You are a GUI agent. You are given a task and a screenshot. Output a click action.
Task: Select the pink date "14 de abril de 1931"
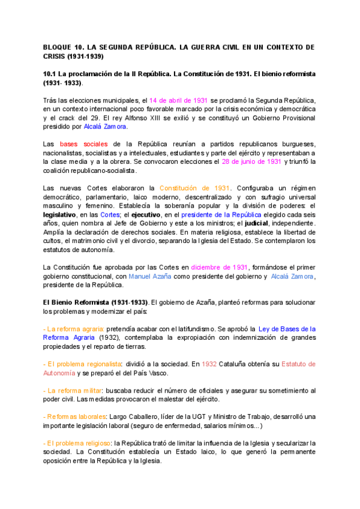pos(179,100)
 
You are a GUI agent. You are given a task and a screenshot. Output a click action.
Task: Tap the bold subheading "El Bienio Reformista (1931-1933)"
pos(94,303)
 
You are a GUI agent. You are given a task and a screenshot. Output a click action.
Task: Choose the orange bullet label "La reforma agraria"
pos(74,329)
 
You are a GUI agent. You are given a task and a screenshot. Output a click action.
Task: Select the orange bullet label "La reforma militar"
pos(74,391)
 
